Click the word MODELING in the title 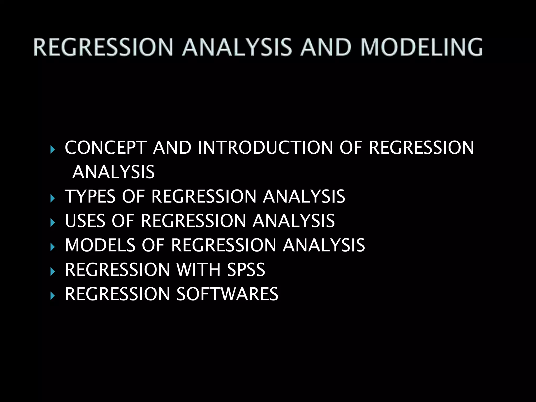(x=421, y=47)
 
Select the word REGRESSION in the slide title (x=103, y=47)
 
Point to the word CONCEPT (x=105, y=148)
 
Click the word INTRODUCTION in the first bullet (x=265, y=148)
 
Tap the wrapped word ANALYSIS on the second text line (x=114, y=172)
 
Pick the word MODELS (x=100, y=245)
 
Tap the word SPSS (x=246, y=270)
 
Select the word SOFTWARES (x=227, y=294)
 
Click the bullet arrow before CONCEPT (x=53, y=150)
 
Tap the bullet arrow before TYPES (x=53, y=198)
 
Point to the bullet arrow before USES (x=53, y=223)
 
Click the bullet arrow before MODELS (x=53, y=247)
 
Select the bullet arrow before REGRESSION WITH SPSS (x=53, y=272)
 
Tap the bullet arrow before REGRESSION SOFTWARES (x=53, y=296)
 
